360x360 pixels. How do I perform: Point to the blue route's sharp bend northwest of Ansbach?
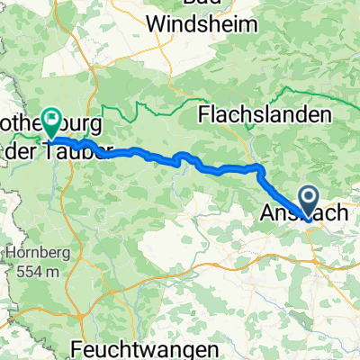pyautogui.click(x=260, y=167)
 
